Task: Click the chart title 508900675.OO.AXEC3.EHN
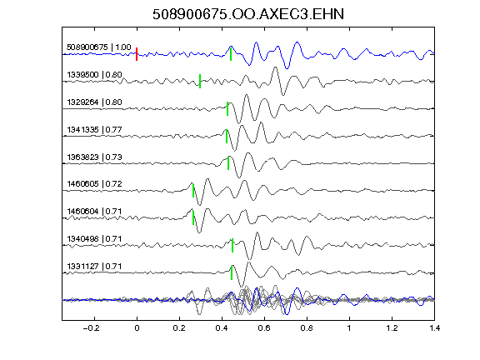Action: coord(248,14)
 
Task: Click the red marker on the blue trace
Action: coord(137,54)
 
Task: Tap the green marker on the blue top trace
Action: coord(231,54)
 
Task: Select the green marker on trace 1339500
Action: coord(200,81)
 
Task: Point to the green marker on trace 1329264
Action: coord(227,108)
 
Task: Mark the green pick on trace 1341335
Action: coord(227,136)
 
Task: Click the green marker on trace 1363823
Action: coord(228,163)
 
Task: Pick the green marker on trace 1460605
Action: coord(193,190)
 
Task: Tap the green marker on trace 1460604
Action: coord(193,217)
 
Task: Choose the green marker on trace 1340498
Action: coord(232,245)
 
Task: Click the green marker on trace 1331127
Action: coord(232,272)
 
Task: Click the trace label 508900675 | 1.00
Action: coord(99,47)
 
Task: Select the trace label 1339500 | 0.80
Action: coord(95,75)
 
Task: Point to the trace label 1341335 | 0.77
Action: coord(95,130)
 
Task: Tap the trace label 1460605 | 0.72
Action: coord(95,184)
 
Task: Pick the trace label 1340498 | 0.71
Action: coord(95,239)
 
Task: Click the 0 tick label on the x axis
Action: coord(137,328)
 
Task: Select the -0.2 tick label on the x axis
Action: coord(92,328)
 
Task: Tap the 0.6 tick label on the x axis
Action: coord(264,328)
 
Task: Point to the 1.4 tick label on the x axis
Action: coord(434,328)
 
